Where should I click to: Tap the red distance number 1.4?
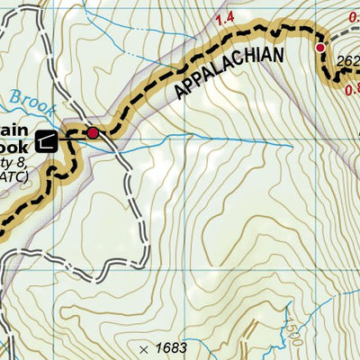pos(225,18)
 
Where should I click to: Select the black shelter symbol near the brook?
pos(47,139)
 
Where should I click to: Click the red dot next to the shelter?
pos(92,133)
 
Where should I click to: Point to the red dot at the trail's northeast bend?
pos(319,47)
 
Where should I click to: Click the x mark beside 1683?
pos(142,348)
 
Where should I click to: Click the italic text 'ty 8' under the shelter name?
pos(15,161)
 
